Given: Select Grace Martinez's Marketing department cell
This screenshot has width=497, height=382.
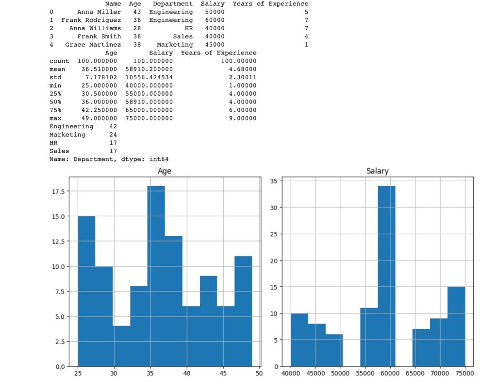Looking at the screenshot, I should [175, 45].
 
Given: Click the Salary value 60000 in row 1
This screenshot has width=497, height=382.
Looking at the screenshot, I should [215, 20].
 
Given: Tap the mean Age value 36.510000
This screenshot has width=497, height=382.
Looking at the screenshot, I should [98, 69].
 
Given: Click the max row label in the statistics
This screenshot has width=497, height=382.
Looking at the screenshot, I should [55, 119].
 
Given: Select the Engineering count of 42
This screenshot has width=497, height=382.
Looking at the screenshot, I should [113, 126].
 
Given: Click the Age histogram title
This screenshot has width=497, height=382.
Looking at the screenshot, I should [165, 171].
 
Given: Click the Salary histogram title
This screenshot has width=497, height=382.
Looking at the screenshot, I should [377, 171].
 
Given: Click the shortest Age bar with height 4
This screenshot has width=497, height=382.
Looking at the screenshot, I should [121, 346].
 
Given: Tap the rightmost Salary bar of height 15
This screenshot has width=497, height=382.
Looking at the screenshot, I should [456, 326].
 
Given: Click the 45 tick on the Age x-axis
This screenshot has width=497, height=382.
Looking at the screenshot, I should [222, 373].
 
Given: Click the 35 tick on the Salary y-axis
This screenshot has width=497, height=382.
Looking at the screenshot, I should [273, 181].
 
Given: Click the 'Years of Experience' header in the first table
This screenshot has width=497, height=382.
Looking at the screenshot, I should [270, 4].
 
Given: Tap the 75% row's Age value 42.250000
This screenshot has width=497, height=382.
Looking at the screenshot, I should [98, 110].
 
